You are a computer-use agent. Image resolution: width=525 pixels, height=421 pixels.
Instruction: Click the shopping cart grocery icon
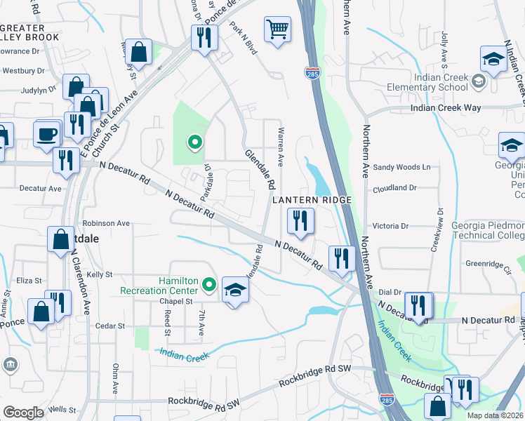point(278,29)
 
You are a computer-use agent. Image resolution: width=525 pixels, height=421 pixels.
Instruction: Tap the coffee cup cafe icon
point(48,133)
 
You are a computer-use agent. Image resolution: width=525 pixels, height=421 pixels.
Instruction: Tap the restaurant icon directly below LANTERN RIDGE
point(300,222)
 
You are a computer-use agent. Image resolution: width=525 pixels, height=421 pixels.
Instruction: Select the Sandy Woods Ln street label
point(401,167)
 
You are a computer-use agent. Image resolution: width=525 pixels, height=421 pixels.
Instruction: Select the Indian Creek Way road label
point(446,107)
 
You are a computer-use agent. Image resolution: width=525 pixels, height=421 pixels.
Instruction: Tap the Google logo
point(24,412)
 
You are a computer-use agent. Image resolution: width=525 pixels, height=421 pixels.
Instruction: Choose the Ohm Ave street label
point(116,379)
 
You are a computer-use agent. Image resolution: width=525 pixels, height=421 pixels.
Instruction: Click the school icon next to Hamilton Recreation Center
point(235,290)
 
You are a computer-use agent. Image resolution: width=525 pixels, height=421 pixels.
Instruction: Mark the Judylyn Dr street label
point(21,90)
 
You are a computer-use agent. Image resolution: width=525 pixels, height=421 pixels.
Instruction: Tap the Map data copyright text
point(496,415)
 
